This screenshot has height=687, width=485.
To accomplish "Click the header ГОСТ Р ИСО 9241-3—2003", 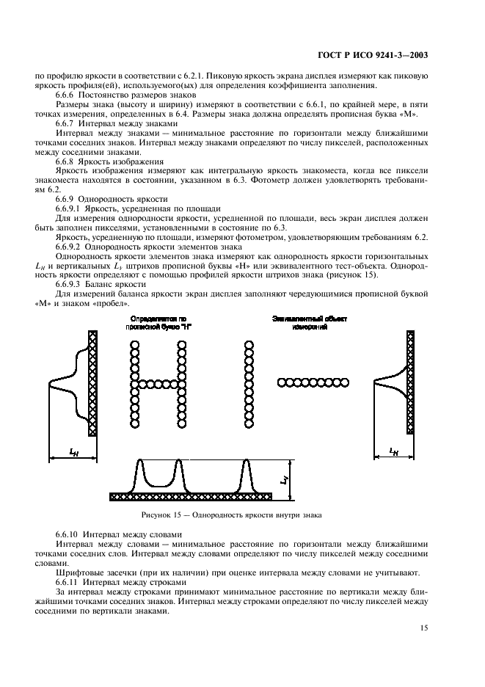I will click(x=373, y=54).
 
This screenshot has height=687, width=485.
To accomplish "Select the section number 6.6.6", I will click(x=68, y=95).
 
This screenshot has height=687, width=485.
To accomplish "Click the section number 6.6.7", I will click(x=68, y=125).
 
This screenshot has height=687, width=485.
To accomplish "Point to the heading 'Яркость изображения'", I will click(x=125, y=161).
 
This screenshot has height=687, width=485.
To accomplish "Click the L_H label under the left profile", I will click(x=73, y=453).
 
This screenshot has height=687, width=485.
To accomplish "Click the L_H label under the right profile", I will click(x=393, y=451).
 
